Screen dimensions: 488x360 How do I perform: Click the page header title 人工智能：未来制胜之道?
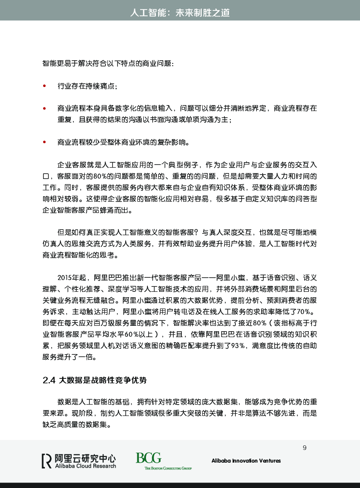(x=180, y=13)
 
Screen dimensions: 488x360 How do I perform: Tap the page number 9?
(x=304, y=448)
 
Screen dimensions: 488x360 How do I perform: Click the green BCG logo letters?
(x=148, y=458)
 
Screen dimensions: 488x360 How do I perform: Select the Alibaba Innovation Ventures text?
(x=246, y=461)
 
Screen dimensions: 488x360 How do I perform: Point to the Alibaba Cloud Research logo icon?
(x=46, y=460)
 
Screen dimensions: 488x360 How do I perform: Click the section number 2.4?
(x=49, y=380)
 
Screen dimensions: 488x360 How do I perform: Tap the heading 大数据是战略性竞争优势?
(x=103, y=380)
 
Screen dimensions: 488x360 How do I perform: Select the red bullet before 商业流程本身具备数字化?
(x=44, y=108)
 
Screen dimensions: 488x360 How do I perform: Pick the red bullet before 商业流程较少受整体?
(x=44, y=142)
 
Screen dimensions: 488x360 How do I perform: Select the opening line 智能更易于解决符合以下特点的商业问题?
(x=108, y=63)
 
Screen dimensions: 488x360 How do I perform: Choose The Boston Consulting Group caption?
(x=168, y=468)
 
